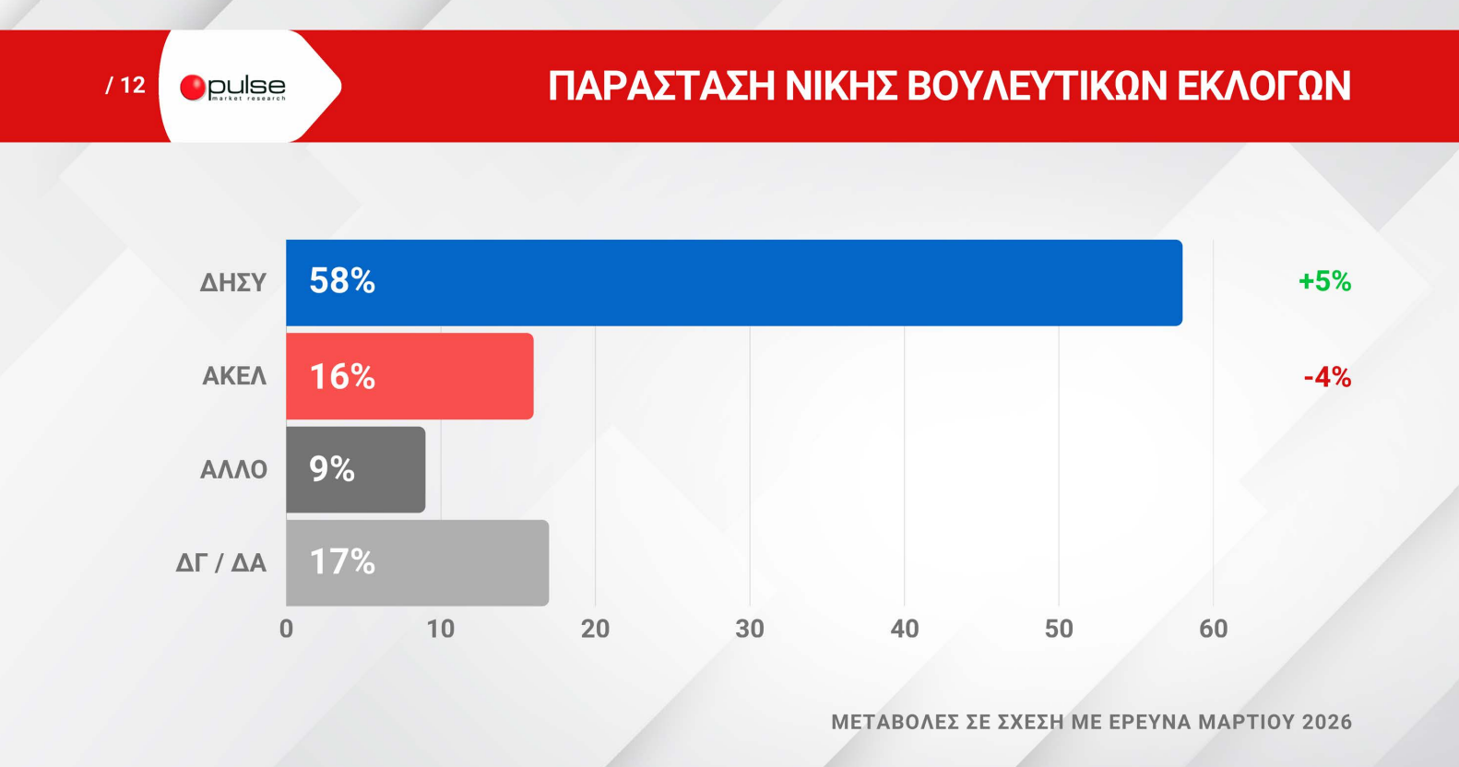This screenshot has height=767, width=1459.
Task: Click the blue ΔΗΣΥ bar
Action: tap(734, 283)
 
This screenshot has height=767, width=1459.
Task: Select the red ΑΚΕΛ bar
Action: tap(409, 376)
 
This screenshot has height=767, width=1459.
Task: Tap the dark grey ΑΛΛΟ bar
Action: tap(356, 469)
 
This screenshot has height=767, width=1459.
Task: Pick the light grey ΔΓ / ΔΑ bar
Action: tap(418, 562)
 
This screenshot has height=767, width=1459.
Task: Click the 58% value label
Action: tap(342, 281)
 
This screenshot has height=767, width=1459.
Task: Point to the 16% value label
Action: tap(342, 376)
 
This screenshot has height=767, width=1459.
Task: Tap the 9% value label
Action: tap(331, 469)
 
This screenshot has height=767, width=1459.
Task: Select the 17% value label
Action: tap(342, 561)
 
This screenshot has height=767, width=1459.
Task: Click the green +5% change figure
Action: tap(1325, 281)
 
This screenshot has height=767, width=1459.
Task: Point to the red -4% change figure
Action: tap(1327, 377)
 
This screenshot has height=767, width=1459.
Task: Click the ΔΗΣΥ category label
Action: tap(233, 283)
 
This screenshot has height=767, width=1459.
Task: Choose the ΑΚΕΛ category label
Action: tap(234, 376)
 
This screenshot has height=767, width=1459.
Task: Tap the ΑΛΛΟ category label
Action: tap(234, 469)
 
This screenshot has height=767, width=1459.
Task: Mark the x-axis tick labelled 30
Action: tap(750, 629)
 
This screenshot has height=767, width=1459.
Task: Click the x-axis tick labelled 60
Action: tap(1214, 629)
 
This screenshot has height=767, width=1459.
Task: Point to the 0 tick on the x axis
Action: tap(287, 629)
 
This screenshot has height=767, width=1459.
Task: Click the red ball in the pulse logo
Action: tap(193, 88)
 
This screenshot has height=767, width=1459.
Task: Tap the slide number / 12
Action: tap(125, 86)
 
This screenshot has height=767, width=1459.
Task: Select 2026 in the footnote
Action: tap(1327, 722)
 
